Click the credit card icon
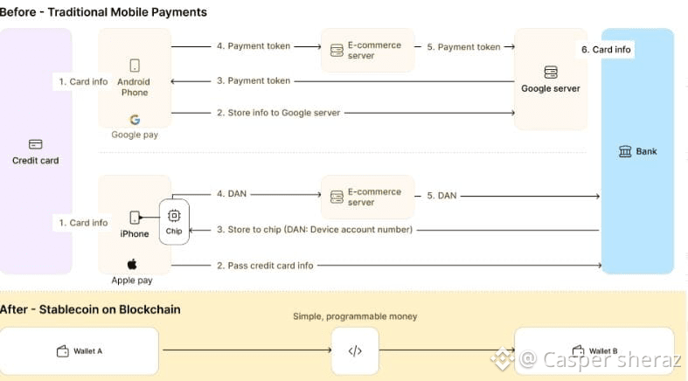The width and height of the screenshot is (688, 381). click(36, 144)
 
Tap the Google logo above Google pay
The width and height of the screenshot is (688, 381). click(135, 120)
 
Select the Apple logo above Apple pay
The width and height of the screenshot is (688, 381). click(133, 264)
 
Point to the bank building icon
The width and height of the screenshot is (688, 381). click(625, 152)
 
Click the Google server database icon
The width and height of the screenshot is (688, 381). click(551, 72)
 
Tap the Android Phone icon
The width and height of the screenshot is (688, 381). click(135, 66)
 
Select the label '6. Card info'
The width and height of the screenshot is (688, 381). click(606, 50)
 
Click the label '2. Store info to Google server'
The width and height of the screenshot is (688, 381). click(277, 113)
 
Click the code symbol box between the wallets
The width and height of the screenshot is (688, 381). click(355, 351)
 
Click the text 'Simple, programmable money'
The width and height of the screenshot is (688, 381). click(355, 316)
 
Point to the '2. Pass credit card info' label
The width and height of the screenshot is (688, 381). click(265, 265)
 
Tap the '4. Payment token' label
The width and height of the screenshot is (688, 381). click(254, 46)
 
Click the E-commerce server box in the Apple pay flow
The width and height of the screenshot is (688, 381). click(367, 197)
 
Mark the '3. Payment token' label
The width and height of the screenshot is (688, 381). click(254, 81)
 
